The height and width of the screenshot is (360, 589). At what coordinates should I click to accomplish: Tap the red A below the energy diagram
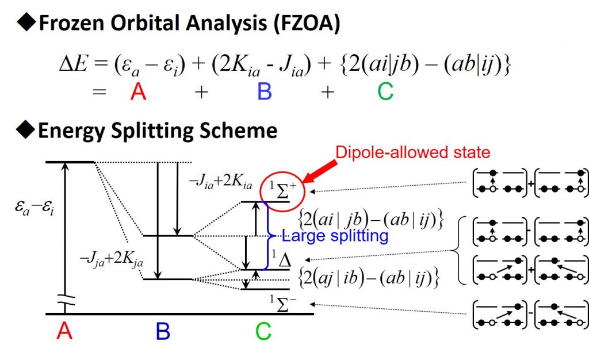(x=64, y=331)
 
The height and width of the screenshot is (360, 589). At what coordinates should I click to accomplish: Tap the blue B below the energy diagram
(x=164, y=331)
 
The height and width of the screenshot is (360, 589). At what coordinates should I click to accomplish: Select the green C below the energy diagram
(x=263, y=331)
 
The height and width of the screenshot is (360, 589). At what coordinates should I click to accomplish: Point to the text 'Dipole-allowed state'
(x=412, y=152)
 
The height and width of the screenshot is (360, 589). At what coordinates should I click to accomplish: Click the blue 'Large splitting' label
(x=334, y=236)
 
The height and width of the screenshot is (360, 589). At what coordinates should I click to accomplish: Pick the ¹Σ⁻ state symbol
(x=282, y=301)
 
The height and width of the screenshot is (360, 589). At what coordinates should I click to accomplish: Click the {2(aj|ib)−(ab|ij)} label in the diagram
(x=370, y=278)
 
